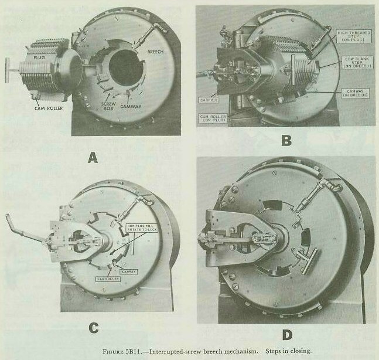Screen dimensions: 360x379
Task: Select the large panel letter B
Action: [287, 140]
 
